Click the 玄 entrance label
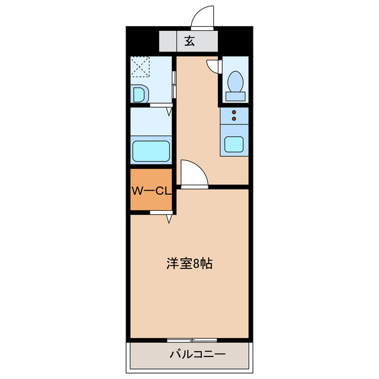[x=189, y=41]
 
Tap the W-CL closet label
[x=151, y=191]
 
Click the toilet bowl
[x=236, y=80]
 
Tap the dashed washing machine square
[x=140, y=66]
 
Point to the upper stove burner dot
[x=233, y=113]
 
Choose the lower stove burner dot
[x=233, y=119]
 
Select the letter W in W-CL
[x=136, y=191]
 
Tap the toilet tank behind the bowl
[x=236, y=95]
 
